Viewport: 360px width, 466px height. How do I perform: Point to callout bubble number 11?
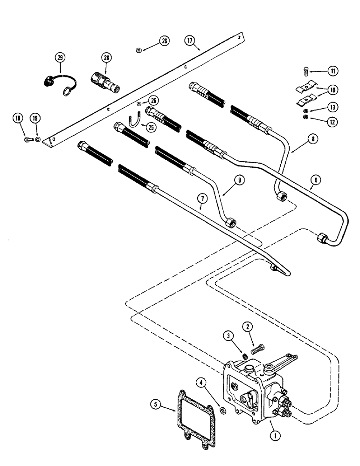tap(332, 71)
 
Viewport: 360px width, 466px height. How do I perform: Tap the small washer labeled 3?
tap(245, 356)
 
